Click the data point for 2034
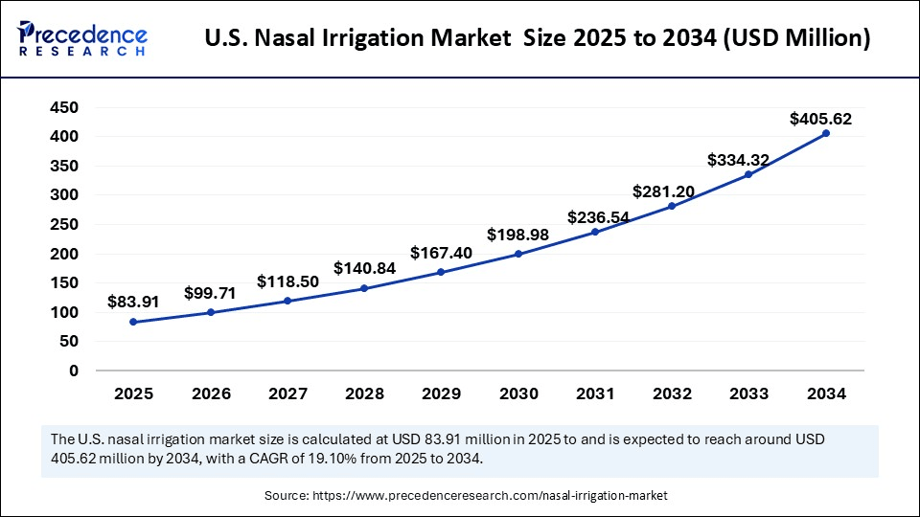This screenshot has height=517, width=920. (825, 133)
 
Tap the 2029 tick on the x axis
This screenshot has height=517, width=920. (441, 393)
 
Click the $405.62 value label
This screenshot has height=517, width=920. (820, 120)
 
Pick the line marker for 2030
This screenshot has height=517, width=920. (518, 254)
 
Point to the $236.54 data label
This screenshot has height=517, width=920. (598, 217)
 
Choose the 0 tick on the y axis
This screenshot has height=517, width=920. (73, 371)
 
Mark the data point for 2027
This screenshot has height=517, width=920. (287, 301)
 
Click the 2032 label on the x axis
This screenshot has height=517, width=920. (672, 393)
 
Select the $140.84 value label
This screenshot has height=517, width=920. (364, 268)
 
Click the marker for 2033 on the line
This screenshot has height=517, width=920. (748, 174)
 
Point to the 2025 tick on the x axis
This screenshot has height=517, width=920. (133, 393)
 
